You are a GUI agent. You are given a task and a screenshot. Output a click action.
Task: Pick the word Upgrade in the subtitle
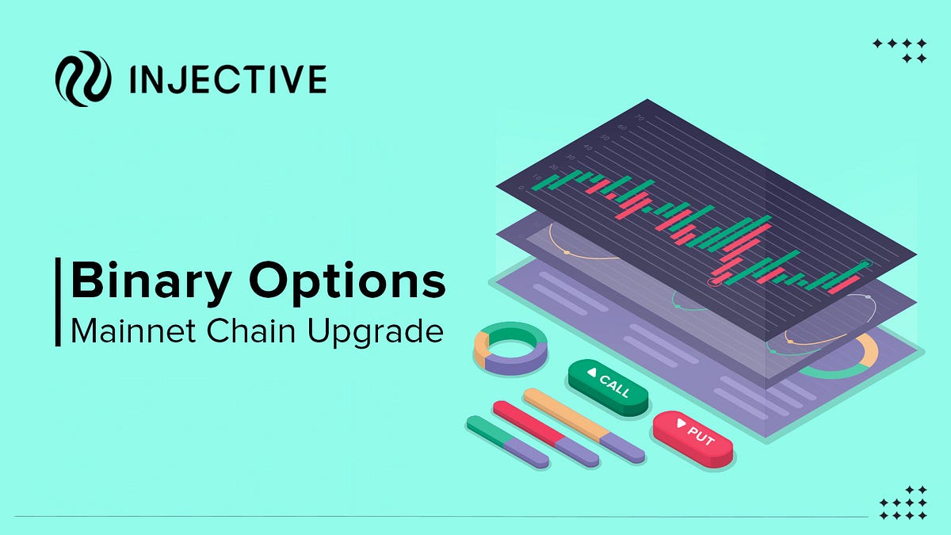click(x=376, y=331)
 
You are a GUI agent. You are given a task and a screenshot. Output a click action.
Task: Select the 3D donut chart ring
click(x=510, y=348)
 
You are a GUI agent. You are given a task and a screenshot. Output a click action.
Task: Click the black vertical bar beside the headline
click(x=59, y=301)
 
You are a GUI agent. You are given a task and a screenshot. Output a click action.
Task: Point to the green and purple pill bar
click(x=507, y=441)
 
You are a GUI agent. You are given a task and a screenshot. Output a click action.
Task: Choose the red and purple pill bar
click(x=546, y=432)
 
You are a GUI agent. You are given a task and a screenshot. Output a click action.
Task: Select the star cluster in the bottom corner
click(x=903, y=503)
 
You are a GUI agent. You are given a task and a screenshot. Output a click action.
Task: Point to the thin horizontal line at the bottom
click(x=436, y=517)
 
